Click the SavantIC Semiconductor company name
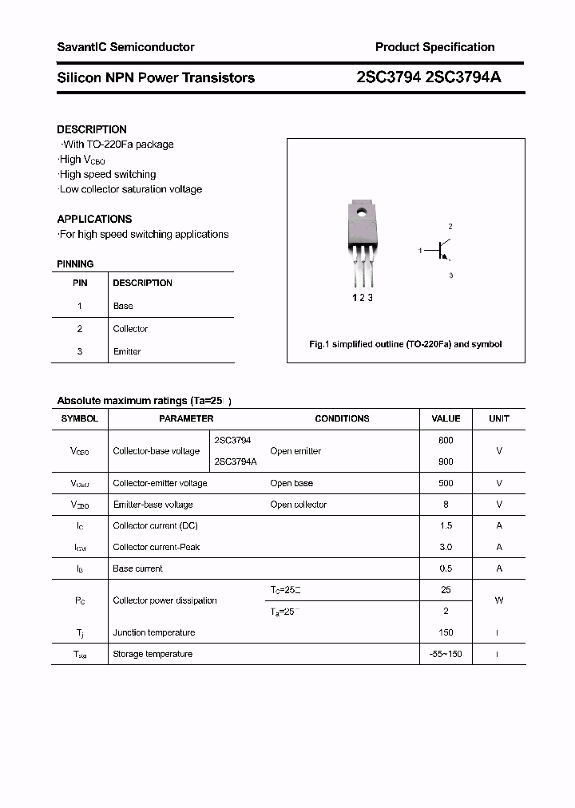coord(125,47)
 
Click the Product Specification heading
coord(434,47)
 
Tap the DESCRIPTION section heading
coord(92,129)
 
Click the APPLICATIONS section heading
coord(94,219)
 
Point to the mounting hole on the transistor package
coord(361,213)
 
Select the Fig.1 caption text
coord(405,344)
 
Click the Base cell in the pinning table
coord(123,306)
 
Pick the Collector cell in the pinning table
coord(130,329)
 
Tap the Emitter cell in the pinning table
coord(127,351)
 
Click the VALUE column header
coord(446,418)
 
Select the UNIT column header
coord(499,418)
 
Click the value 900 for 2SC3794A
coord(446,461)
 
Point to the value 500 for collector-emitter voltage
coord(446,483)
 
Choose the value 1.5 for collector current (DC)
coord(446,526)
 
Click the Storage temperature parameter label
coord(153,654)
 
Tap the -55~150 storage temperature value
coord(446,654)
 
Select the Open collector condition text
coord(298,505)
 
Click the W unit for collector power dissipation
coord(499,600)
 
